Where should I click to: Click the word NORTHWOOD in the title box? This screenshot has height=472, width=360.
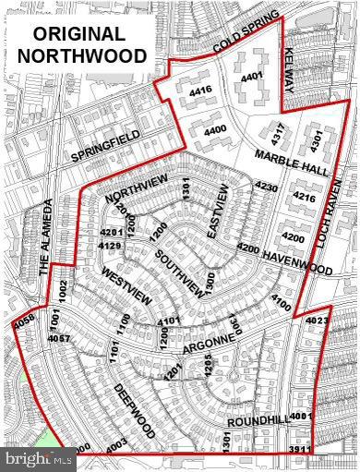point(81,55)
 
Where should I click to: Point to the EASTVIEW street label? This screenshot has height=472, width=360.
point(220,211)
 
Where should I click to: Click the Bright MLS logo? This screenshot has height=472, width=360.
point(37,457)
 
